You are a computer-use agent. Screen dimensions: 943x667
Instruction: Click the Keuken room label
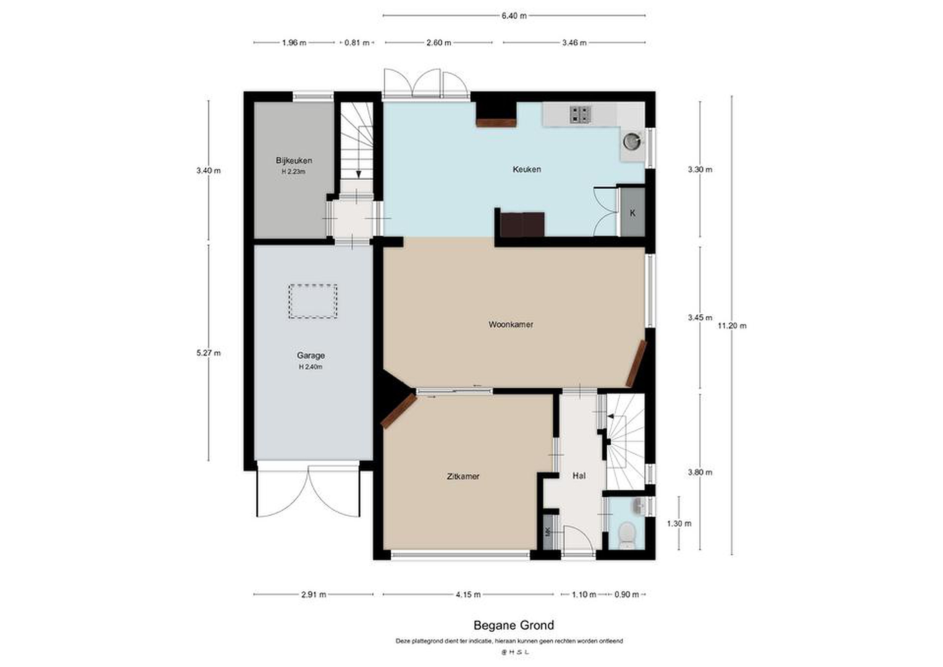tap(527, 169)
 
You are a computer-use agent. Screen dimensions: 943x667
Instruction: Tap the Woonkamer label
tap(510, 324)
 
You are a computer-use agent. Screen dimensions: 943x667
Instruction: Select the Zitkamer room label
tap(463, 476)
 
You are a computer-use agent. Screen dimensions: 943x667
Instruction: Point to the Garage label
tap(311, 356)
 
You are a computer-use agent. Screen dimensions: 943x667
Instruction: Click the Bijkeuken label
tap(294, 160)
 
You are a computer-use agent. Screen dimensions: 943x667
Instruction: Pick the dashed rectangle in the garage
tap(313, 301)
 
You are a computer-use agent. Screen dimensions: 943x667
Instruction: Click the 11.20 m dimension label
tap(732, 326)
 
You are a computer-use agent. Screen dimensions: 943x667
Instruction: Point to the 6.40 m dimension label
tap(514, 16)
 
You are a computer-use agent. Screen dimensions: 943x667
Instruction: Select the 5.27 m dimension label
tap(209, 353)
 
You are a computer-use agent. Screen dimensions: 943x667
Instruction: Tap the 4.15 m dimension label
tap(468, 594)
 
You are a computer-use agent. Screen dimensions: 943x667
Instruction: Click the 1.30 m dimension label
tap(679, 524)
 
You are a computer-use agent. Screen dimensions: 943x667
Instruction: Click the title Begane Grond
tap(514, 625)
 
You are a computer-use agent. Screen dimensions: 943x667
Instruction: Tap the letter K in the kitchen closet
tap(633, 213)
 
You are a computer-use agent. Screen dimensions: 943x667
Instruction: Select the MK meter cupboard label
tap(547, 532)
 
